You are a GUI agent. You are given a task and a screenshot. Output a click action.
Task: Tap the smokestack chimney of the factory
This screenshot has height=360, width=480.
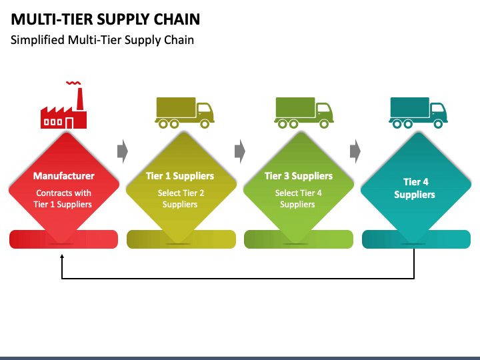pyautogui.click(x=80, y=99)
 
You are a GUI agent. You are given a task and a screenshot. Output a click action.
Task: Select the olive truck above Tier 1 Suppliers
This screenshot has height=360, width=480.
pyautogui.click(x=185, y=113)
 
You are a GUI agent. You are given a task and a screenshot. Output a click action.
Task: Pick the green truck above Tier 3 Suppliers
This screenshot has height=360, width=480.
pyautogui.click(x=304, y=113)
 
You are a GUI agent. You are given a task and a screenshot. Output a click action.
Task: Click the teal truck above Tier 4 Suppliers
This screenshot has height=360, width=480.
pyautogui.click(x=418, y=113)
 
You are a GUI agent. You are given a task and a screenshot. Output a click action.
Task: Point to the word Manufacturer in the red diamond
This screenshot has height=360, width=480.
pyautogui.click(x=64, y=176)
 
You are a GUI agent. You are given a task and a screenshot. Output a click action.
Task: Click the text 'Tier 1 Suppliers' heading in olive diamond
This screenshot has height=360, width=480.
pyautogui.click(x=180, y=176)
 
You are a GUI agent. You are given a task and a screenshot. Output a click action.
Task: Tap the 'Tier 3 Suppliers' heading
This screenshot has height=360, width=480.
pyautogui.click(x=299, y=176)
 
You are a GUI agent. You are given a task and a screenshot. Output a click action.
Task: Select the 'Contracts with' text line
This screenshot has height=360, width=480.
pyautogui.click(x=64, y=193)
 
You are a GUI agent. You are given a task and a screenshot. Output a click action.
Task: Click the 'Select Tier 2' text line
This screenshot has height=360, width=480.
pyautogui.click(x=181, y=193)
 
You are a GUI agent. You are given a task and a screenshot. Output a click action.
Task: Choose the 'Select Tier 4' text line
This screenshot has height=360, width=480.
pyautogui.click(x=299, y=193)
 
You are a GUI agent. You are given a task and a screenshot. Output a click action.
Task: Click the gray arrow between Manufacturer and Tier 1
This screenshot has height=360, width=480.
pyautogui.click(x=123, y=151)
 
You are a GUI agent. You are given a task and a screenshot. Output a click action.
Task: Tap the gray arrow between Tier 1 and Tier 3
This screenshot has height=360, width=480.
pyautogui.click(x=240, y=151)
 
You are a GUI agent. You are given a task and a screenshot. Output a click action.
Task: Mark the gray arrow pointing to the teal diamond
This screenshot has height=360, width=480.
pyautogui.click(x=355, y=151)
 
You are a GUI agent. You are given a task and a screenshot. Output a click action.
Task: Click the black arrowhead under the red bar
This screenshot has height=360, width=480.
pyautogui.click(x=62, y=257)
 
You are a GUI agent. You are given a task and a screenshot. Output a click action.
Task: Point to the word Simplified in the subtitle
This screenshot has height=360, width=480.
pyautogui.click(x=37, y=40)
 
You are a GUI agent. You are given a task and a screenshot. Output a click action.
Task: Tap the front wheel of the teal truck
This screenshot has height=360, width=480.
pyautogui.click(x=438, y=124)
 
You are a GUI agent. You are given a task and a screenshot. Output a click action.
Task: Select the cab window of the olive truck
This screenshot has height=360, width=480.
pyautogui.click(x=203, y=108)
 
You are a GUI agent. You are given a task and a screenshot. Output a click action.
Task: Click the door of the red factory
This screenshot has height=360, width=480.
pyautogui.click(x=69, y=123)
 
